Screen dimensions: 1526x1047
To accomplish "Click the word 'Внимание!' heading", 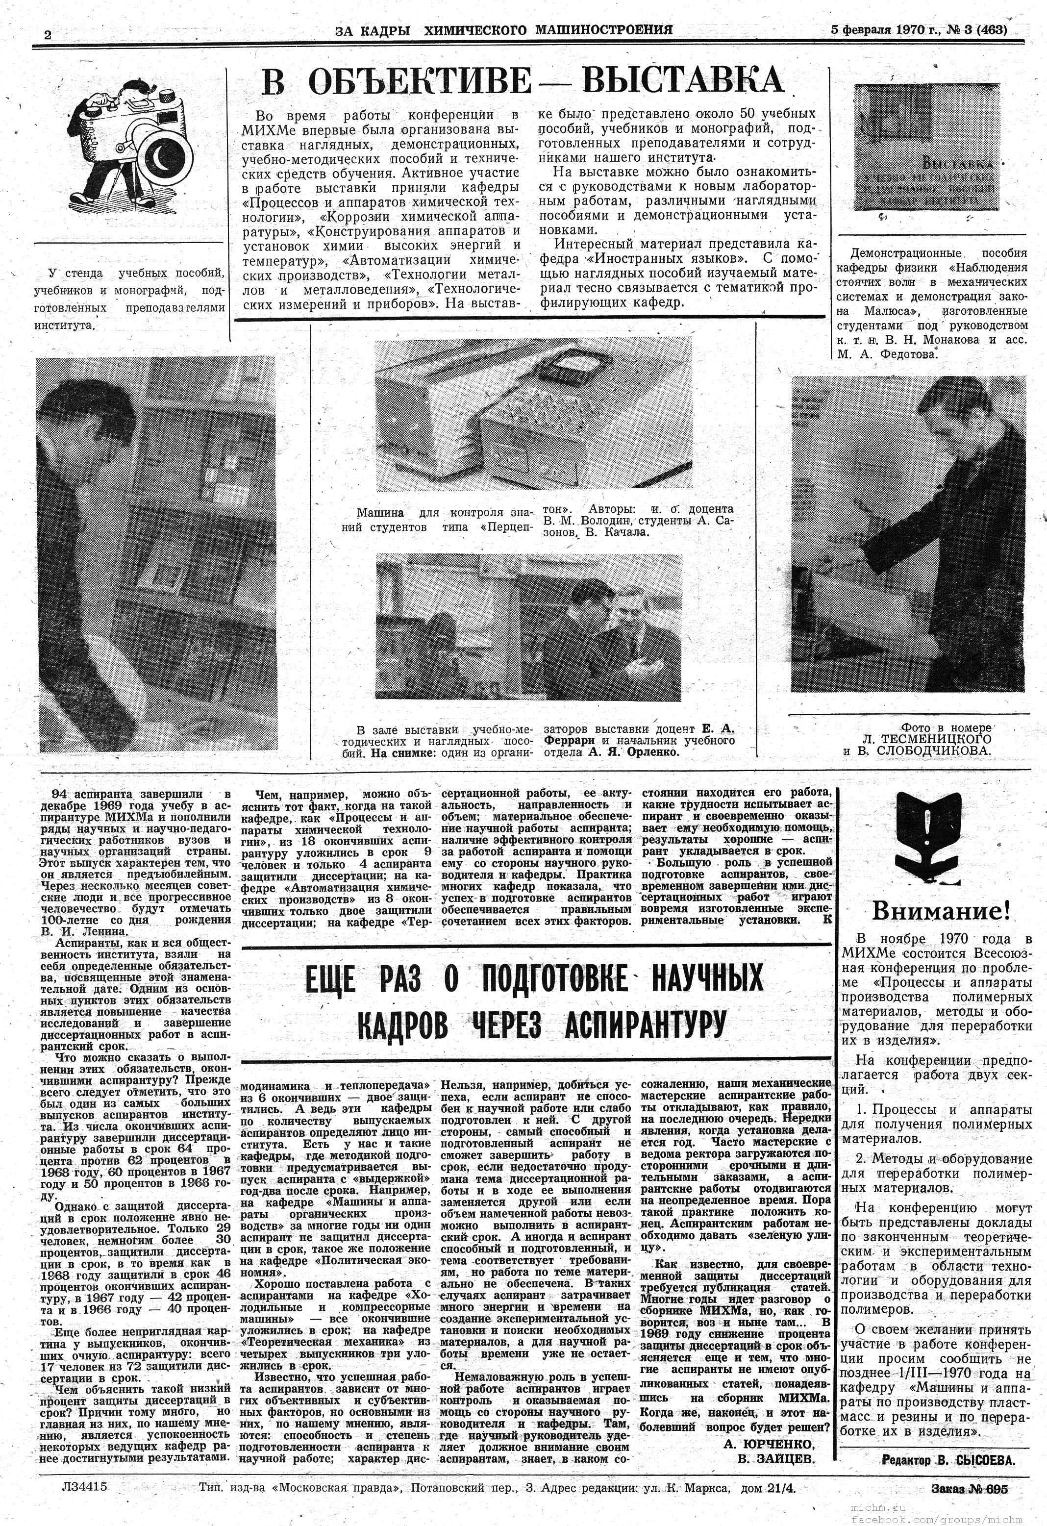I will click(940, 911).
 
